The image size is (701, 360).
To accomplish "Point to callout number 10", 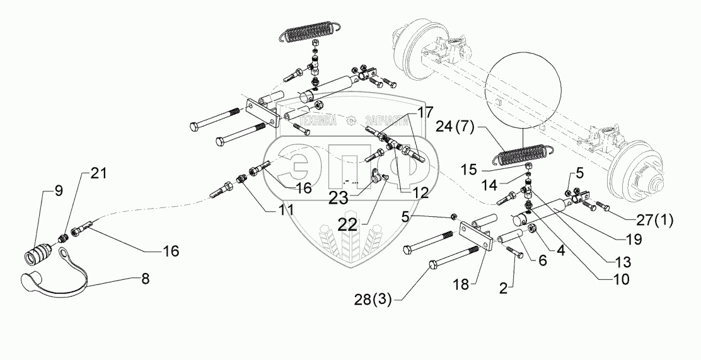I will pyautogui.click(x=634, y=275).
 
